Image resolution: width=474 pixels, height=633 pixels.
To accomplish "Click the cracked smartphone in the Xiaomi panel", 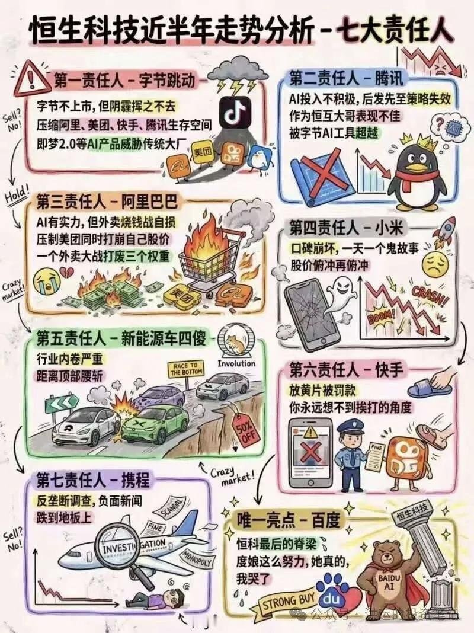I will click(x=308, y=308).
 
